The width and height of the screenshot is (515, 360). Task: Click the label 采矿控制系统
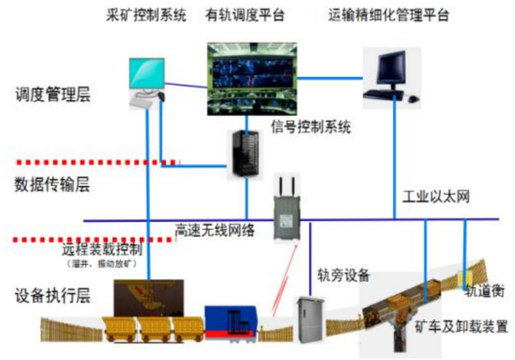click(x=146, y=15)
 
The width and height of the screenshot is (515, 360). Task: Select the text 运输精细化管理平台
click(x=388, y=15)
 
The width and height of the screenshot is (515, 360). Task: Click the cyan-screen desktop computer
click(x=147, y=81)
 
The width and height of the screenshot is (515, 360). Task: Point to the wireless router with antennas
click(x=286, y=209)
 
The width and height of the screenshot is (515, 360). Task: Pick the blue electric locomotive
click(x=230, y=322)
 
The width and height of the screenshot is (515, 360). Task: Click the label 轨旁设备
click(x=344, y=274)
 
